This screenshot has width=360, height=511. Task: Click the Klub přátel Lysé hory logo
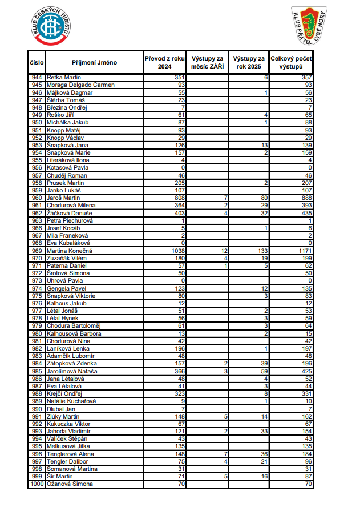(310, 26)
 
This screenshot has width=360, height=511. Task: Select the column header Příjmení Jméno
(94, 62)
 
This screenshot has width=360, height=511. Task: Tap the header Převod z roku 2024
(165, 62)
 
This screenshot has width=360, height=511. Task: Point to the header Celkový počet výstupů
(291, 62)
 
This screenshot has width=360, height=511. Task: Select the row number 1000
(37, 484)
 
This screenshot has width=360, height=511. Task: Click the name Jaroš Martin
(64, 198)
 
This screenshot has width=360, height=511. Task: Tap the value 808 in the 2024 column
(180, 198)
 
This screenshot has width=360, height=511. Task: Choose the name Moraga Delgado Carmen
(80, 85)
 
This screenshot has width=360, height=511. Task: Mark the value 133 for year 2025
(262, 251)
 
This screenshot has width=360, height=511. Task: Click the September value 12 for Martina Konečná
(224, 251)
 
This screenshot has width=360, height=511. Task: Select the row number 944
(37, 77)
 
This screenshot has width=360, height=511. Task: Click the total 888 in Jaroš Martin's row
(306, 198)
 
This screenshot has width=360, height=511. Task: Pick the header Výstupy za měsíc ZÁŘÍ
(207, 62)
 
